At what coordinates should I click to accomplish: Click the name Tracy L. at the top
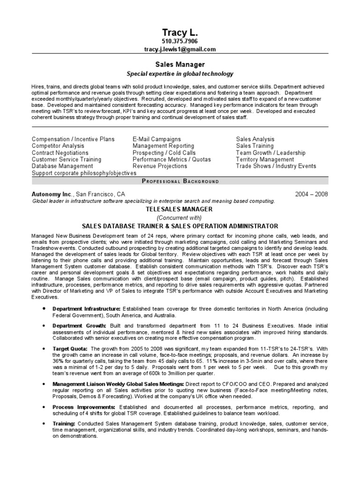[180, 32]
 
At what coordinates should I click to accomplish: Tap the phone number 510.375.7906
[180, 42]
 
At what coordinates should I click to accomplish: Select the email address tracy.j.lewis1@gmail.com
[180, 49]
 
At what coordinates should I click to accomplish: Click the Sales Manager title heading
[180, 65]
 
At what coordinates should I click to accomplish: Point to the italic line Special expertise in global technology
[180, 74]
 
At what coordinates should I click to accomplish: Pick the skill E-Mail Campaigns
[157, 139]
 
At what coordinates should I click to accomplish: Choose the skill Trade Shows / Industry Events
[276, 166]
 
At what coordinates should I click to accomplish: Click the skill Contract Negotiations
[60, 153]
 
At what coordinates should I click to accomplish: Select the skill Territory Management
[265, 159]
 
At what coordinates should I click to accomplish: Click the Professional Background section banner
[180, 181]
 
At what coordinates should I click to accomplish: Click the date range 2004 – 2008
[312, 194]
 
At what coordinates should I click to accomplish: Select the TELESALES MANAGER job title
[180, 209]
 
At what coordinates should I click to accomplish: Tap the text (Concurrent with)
[180, 217]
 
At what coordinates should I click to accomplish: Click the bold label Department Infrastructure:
[86, 309]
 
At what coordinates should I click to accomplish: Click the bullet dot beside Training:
[44, 423]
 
